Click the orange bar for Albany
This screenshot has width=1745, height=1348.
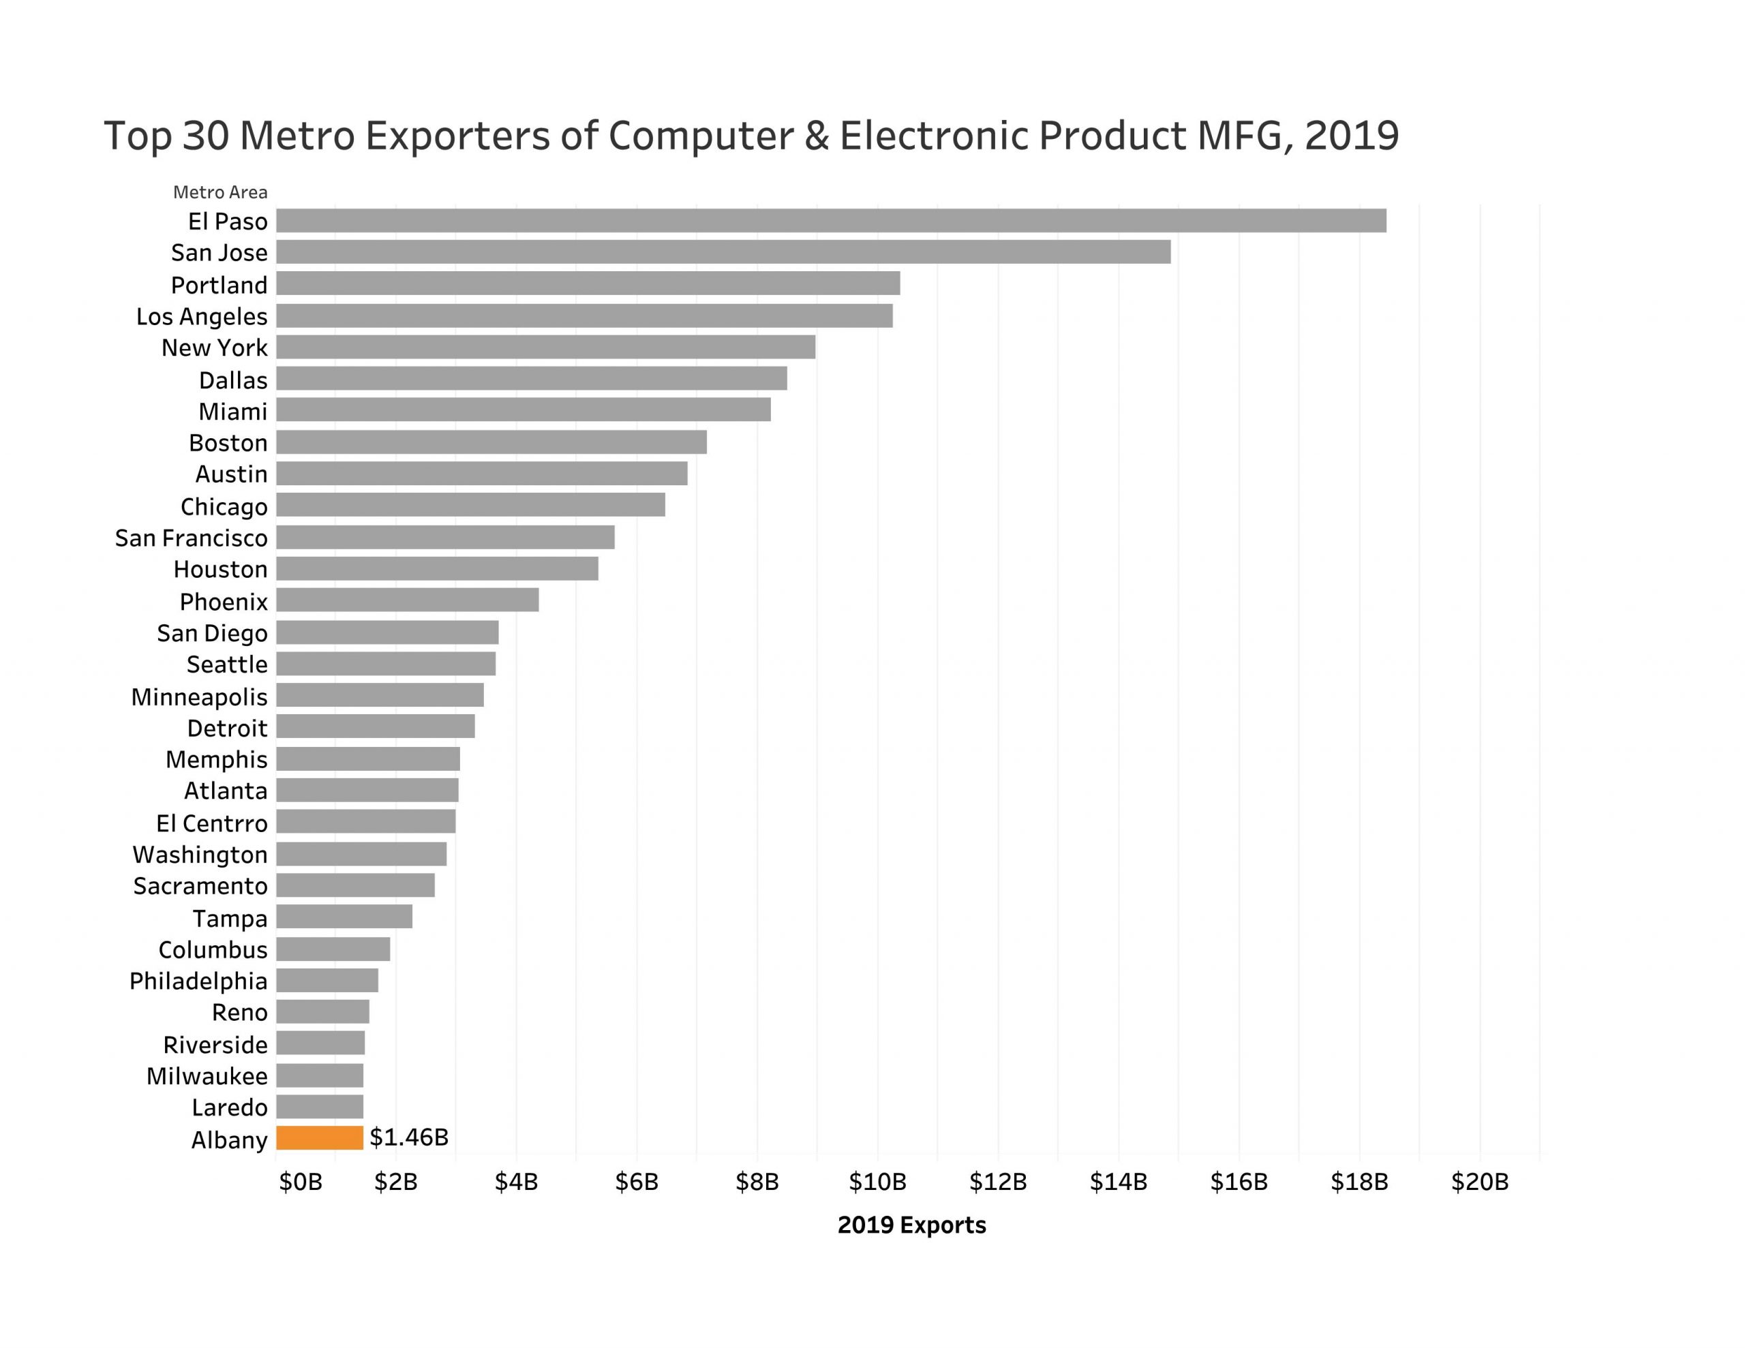click(x=320, y=1138)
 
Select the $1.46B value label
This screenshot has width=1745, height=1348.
click(x=408, y=1137)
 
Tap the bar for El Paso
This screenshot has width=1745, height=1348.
click(x=831, y=221)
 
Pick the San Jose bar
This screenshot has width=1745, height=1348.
click(x=723, y=251)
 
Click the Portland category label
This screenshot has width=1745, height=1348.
click(x=219, y=286)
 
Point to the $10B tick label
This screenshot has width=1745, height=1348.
click(x=877, y=1182)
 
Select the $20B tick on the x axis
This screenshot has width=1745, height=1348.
click(x=1480, y=1182)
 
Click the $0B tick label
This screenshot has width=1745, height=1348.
click(x=301, y=1182)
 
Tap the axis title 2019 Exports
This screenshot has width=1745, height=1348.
click(x=911, y=1226)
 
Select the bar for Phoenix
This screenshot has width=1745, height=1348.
click(x=408, y=600)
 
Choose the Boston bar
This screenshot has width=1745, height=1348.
click(x=491, y=442)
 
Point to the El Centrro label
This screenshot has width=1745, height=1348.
click(x=212, y=823)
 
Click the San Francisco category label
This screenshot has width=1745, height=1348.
click(x=191, y=538)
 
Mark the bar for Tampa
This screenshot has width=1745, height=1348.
click(x=344, y=917)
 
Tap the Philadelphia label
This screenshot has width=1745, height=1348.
click(x=198, y=981)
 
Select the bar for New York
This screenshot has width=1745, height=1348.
click(x=546, y=347)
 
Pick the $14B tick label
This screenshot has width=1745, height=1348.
click(x=1119, y=1182)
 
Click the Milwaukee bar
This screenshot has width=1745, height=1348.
click(x=320, y=1075)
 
